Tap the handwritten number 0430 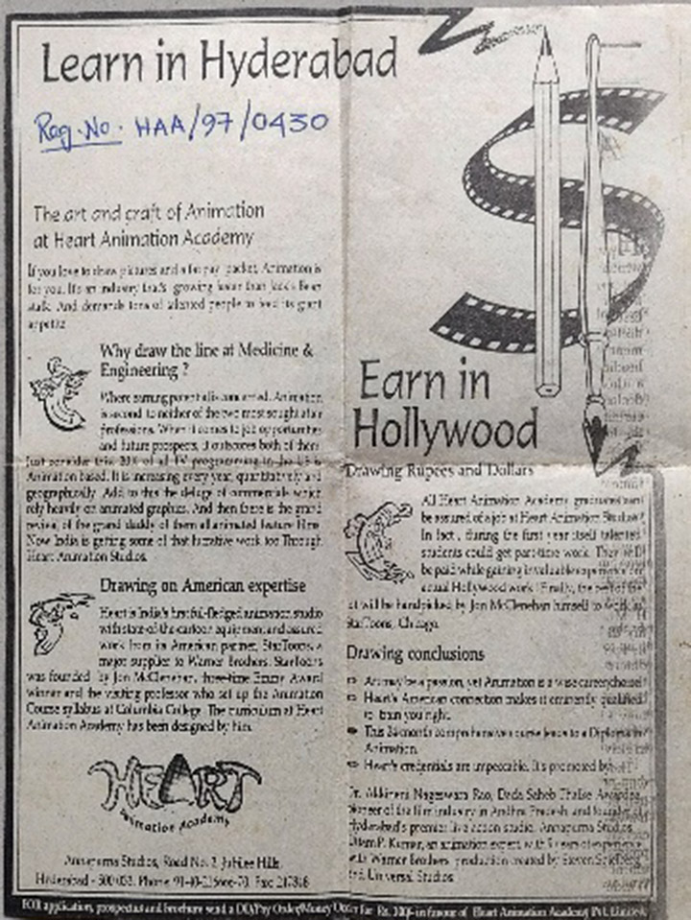295,123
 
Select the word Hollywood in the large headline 444,431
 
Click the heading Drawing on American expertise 203,585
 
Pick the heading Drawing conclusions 415,654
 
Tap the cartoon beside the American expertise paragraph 60,621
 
